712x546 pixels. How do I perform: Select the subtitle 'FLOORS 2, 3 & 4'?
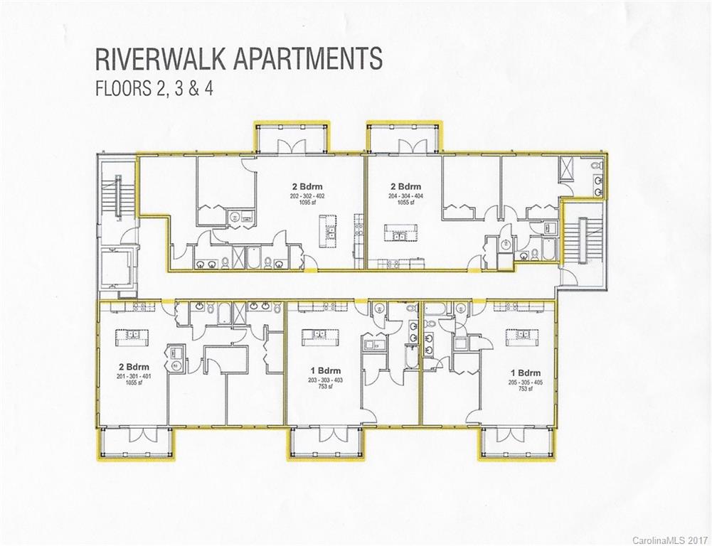click(x=156, y=90)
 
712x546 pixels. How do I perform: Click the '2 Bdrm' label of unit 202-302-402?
click(x=307, y=187)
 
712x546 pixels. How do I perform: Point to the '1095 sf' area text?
click(x=307, y=203)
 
